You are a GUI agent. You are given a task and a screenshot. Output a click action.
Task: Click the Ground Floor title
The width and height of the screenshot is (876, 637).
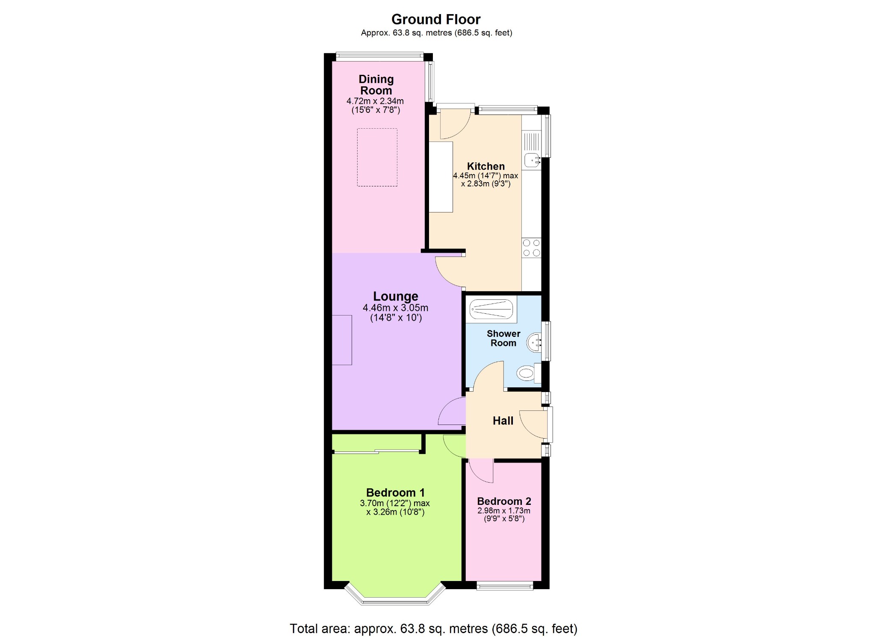436,19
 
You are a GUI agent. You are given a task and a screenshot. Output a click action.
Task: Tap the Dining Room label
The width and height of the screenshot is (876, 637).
376,85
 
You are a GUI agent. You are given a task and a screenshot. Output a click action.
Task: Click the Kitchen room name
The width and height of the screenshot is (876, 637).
486,166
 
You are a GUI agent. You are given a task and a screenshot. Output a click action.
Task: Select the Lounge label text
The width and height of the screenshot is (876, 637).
396,296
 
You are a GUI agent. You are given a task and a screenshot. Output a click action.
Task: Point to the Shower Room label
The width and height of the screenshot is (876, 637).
503,338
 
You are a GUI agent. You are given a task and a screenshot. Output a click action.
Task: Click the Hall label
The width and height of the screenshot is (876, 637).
503,421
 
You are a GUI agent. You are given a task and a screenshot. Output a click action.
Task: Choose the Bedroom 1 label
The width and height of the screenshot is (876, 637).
395,492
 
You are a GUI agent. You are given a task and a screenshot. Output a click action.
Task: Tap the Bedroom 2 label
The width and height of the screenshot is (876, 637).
504,501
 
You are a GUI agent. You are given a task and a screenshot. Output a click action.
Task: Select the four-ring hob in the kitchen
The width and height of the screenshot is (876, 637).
531,248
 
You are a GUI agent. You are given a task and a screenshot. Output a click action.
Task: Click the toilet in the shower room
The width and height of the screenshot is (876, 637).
529,373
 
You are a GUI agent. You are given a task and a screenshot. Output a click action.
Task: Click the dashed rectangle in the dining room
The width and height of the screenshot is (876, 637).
377,157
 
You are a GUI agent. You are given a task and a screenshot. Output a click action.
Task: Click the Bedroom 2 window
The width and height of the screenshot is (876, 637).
505,586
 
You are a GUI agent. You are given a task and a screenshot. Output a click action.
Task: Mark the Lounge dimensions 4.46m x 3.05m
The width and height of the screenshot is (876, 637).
395,308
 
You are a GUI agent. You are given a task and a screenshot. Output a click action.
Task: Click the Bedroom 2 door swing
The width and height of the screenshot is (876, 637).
481,471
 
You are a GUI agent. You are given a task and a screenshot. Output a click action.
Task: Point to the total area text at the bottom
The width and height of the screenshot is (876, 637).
433,628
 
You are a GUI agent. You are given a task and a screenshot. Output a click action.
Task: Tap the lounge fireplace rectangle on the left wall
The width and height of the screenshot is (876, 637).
342,340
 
